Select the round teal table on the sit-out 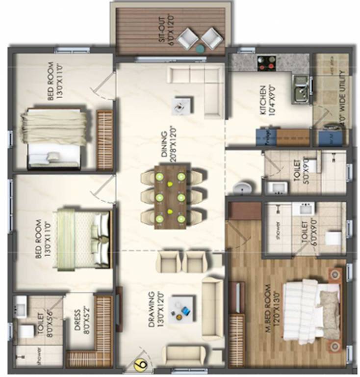(x=200, y=49)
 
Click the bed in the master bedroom (x=311, y=309)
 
